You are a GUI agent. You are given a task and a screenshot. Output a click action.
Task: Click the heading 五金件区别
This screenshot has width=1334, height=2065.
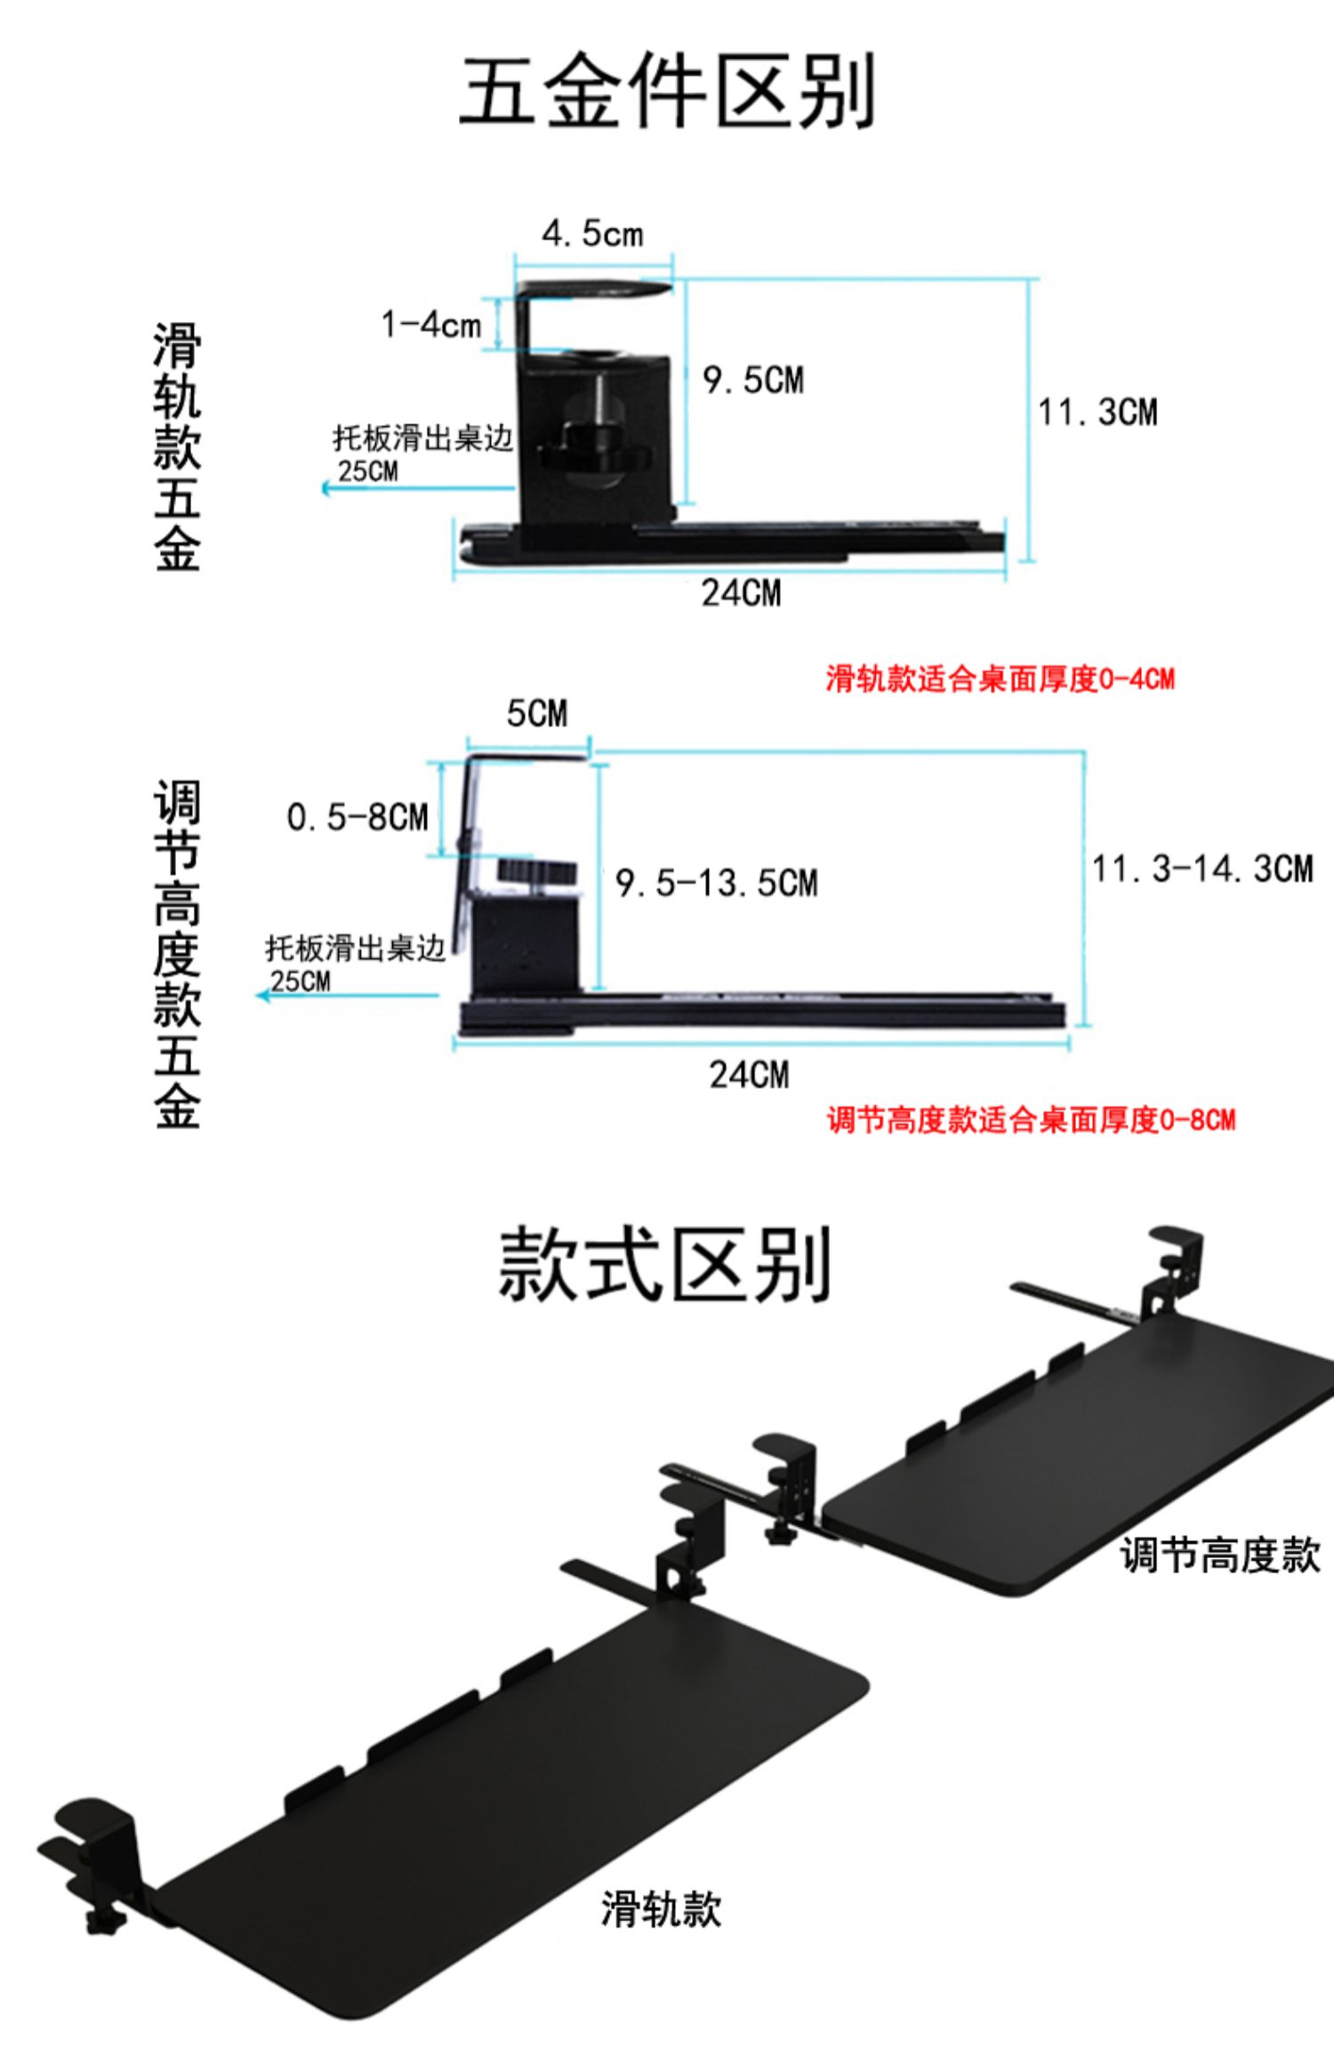click(x=667, y=91)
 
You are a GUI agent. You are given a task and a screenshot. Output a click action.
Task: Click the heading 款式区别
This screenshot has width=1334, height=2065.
click(x=664, y=1264)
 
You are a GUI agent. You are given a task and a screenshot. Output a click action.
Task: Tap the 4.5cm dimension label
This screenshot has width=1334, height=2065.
click(x=592, y=234)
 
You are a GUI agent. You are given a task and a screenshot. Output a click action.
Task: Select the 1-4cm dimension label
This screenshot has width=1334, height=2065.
click(x=431, y=325)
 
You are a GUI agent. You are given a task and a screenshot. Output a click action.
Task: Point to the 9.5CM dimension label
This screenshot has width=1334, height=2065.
click(x=753, y=381)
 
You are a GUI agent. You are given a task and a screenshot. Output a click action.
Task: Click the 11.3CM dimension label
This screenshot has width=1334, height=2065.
click(x=1097, y=413)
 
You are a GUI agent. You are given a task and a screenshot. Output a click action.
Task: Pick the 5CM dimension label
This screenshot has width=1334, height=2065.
click(x=536, y=713)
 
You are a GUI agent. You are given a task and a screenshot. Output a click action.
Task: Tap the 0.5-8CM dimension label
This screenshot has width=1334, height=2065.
click(x=358, y=817)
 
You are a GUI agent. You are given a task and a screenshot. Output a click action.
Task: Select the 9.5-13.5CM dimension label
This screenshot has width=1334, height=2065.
click(x=716, y=883)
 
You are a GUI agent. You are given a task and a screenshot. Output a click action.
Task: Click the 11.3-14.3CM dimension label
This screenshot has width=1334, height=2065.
click(x=1202, y=869)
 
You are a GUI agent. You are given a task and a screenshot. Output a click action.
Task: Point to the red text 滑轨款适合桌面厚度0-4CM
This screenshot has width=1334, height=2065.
click(x=1000, y=679)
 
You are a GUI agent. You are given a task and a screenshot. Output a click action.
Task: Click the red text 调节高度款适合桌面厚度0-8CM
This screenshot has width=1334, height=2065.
click(x=1031, y=1120)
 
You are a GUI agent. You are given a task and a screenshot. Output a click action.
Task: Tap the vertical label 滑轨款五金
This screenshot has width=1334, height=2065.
click(x=177, y=446)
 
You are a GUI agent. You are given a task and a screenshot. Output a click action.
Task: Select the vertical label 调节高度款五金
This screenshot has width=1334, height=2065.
click(x=177, y=954)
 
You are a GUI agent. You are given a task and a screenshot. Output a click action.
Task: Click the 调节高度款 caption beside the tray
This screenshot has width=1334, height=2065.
click(x=1219, y=1555)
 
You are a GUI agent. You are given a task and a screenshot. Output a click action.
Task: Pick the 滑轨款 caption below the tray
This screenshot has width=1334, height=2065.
click(x=661, y=1909)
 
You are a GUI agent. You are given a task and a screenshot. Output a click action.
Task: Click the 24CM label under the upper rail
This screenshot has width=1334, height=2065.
click(x=741, y=593)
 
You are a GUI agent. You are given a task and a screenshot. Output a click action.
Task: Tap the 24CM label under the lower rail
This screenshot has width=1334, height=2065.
click(x=749, y=1075)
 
